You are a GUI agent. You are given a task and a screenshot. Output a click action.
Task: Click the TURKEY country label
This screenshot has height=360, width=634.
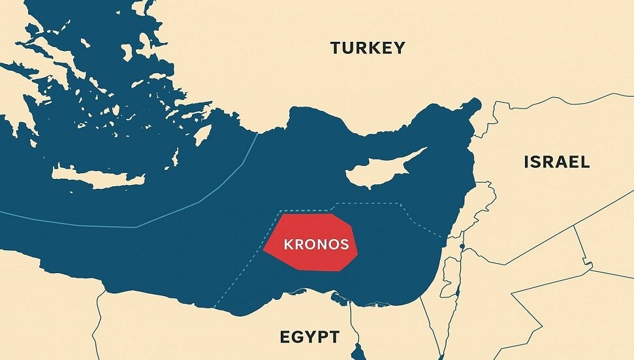click(368, 48)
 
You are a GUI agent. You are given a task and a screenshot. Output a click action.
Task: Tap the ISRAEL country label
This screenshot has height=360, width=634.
click(556, 162)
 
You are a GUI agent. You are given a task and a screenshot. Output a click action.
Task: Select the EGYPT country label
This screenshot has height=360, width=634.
click(309, 337)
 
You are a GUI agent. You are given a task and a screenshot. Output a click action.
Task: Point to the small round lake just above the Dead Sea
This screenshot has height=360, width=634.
click(462, 246)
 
